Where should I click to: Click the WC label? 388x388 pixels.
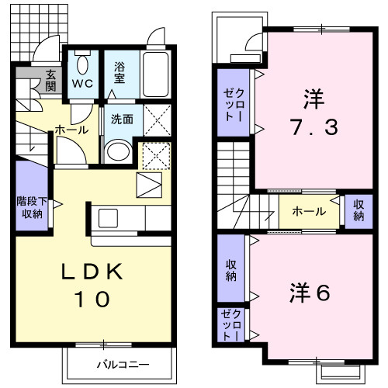tap(83, 82)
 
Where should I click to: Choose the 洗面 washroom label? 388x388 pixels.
tap(122, 120)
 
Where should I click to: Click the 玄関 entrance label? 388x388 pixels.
tap(51, 81)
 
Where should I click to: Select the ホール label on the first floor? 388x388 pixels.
tap(71, 131)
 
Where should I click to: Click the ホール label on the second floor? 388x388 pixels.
tap(308, 210)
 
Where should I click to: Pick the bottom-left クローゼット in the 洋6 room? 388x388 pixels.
tap(230, 327)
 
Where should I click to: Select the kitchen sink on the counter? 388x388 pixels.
tap(107, 217)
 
